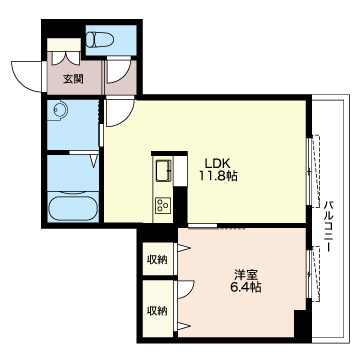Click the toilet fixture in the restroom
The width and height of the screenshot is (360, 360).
click(99, 39)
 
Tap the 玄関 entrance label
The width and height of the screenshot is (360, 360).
click(73, 79)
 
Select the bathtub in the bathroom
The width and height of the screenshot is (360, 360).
click(73, 209)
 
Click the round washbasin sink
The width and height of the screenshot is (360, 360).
click(60, 109)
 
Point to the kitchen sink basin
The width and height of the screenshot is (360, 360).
click(163, 171)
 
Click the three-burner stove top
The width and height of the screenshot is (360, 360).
click(163, 204)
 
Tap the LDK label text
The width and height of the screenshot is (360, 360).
click(217, 163)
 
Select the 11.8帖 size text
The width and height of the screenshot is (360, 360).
click(218, 176)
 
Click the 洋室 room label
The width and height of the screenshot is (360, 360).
click(245, 275)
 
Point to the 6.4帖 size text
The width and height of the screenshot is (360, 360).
click(246, 287)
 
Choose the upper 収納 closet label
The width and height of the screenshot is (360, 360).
click(157, 259)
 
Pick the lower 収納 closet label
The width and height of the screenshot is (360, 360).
click(157, 311)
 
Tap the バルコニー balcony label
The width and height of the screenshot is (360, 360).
click(329, 226)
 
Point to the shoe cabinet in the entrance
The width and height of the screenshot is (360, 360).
click(64, 45)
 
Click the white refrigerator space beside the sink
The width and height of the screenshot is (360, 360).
click(180, 171)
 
